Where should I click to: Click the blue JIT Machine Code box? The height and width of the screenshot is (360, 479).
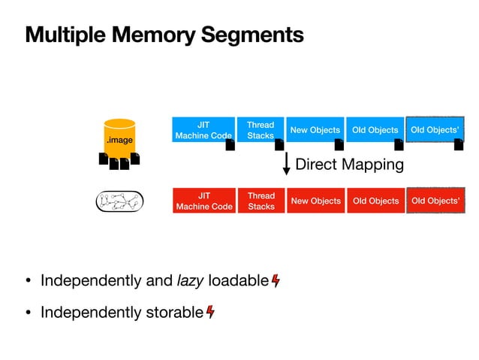203,130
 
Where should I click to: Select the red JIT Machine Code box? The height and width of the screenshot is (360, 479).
203,201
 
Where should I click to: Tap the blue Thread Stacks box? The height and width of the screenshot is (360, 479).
261,130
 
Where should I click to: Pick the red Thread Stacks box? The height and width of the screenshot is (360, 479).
261,201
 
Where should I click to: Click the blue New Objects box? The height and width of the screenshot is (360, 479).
315,130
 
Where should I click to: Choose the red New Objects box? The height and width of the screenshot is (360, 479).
315,201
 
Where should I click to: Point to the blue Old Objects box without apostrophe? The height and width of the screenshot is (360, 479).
375,130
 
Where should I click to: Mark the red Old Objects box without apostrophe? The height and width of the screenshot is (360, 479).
375,201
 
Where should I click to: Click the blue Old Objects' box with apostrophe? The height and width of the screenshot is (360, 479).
435,130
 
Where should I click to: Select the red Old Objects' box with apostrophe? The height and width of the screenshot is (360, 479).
435,201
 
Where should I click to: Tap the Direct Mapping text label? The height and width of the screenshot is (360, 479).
349,164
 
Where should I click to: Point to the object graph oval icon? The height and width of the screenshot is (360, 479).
120,201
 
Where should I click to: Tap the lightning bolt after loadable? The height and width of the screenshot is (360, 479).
276,281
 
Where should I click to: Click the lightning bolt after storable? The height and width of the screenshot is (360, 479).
210,311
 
